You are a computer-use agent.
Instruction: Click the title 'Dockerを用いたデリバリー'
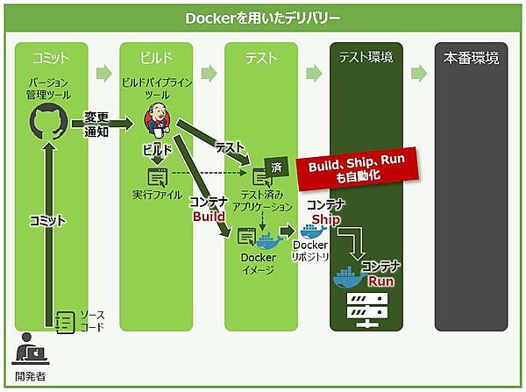[263, 18]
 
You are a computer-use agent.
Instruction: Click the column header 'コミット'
[51, 58]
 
